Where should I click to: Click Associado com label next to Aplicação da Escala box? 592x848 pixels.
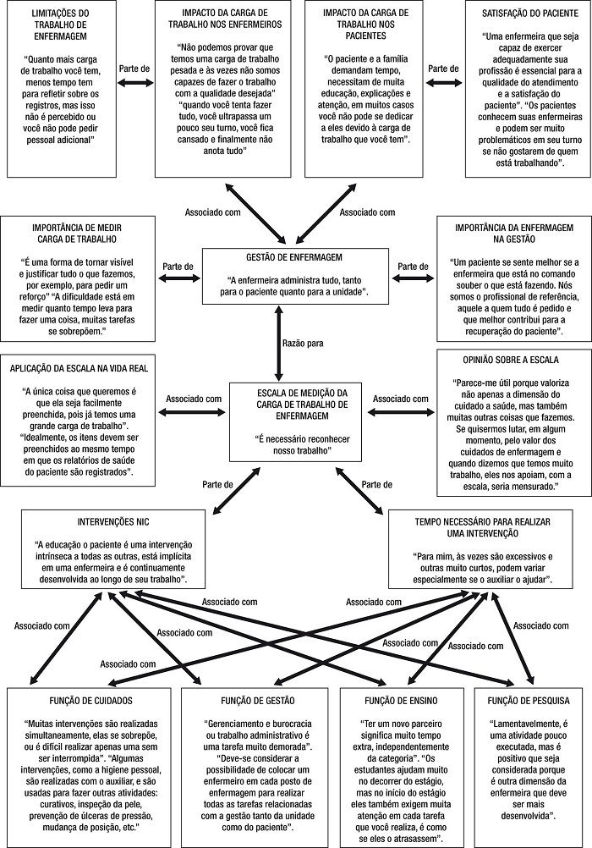point(194,398)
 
